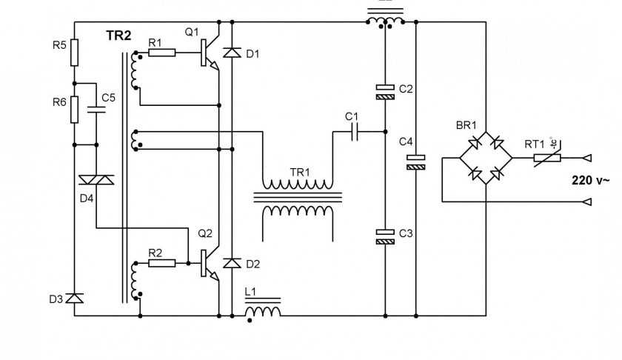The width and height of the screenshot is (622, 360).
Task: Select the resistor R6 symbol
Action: tap(75, 110)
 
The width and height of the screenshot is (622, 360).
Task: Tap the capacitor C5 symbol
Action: tap(96, 110)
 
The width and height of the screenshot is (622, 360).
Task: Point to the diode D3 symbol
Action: tap(75, 299)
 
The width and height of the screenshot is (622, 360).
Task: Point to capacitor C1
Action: tap(354, 132)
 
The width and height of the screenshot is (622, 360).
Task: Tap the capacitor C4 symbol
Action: tap(416, 162)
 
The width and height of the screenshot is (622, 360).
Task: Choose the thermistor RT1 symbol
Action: tap(548, 157)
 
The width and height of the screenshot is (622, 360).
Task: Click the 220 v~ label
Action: tap(590, 180)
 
